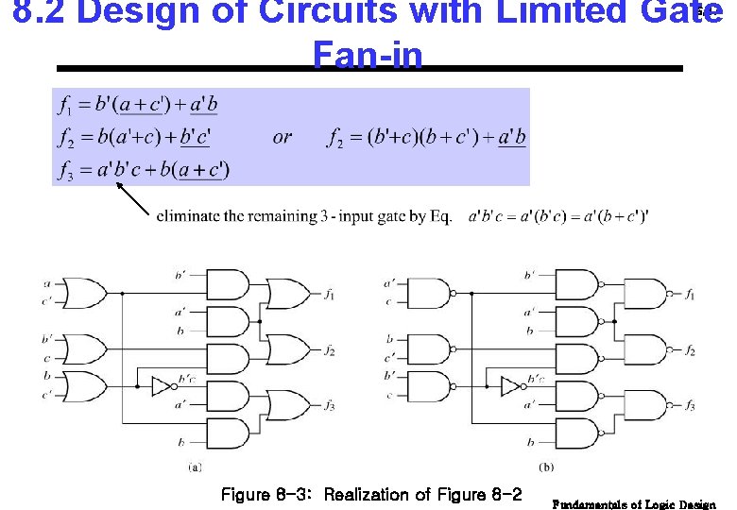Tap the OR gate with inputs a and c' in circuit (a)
point(82,295)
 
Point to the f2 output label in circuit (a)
point(329,351)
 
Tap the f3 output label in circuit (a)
point(329,406)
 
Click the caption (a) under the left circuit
point(194,466)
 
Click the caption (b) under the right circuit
point(546,466)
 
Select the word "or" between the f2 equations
point(282,138)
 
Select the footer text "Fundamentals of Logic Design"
point(634,504)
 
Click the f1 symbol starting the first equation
point(68,104)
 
